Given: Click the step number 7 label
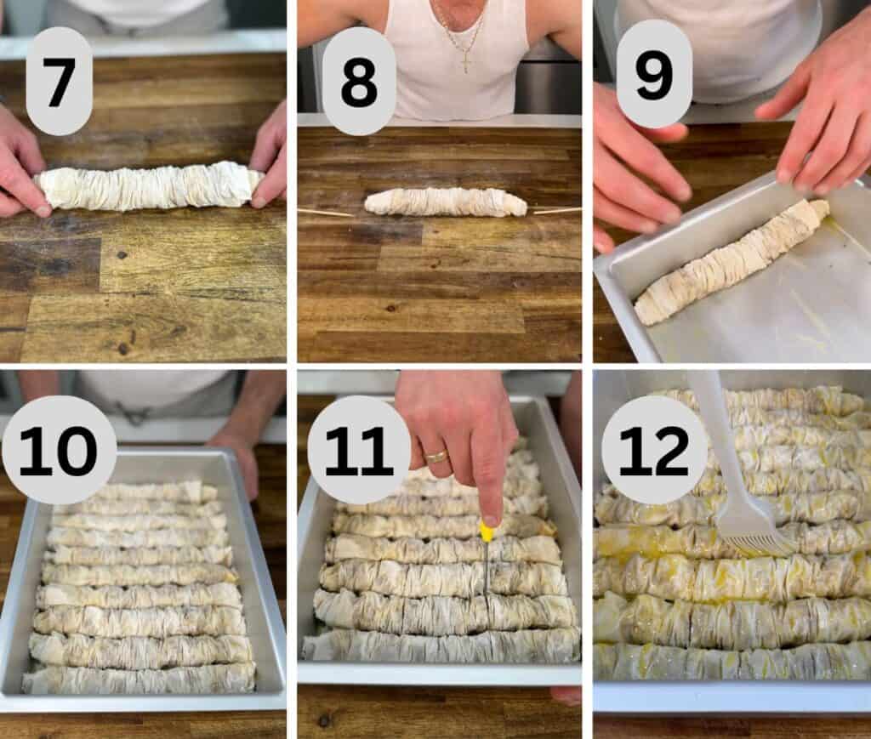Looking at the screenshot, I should click(x=59, y=81).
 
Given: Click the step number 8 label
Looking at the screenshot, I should click(x=359, y=81).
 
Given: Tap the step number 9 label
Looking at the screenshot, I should click(x=653, y=74).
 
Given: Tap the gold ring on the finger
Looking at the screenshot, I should click(x=436, y=456).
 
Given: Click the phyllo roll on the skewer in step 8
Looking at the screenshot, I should click(x=446, y=202).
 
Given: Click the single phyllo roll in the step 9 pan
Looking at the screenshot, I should click(x=730, y=262).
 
